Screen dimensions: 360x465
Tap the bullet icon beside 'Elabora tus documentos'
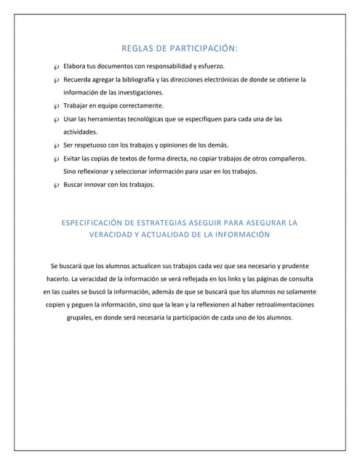[56, 67]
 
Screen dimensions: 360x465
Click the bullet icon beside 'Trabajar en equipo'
[56, 106]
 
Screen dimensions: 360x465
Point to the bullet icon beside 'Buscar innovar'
[56, 185]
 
